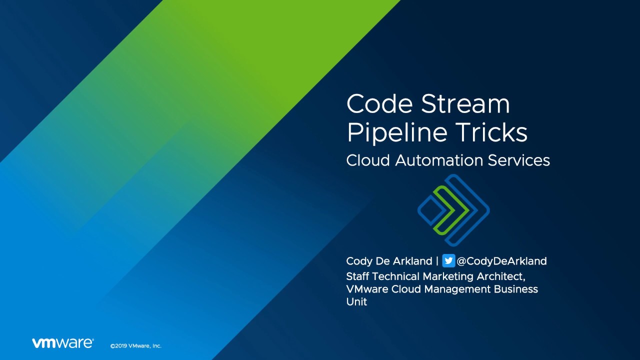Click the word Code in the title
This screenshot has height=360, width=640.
(x=379, y=103)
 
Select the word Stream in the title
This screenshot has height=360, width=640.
(x=465, y=103)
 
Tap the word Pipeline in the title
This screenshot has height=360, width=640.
(x=397, y=133)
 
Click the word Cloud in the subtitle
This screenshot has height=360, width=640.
(x=368, y=160)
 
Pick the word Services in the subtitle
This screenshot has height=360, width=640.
(x=519, y=160)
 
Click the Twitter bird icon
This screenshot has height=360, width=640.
(x=448, y=260)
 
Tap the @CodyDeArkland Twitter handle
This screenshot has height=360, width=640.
(x=501, y=261)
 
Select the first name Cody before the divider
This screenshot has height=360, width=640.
(x=359, y=261)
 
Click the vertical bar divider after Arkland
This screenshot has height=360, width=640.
(x=437, y=261)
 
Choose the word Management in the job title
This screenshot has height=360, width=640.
(x=457, y=289)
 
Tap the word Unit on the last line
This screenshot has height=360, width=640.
(x=356, y=301)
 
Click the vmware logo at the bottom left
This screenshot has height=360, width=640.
(x=62, y=343)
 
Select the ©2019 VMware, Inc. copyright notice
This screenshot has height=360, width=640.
(x=135, y=345)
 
